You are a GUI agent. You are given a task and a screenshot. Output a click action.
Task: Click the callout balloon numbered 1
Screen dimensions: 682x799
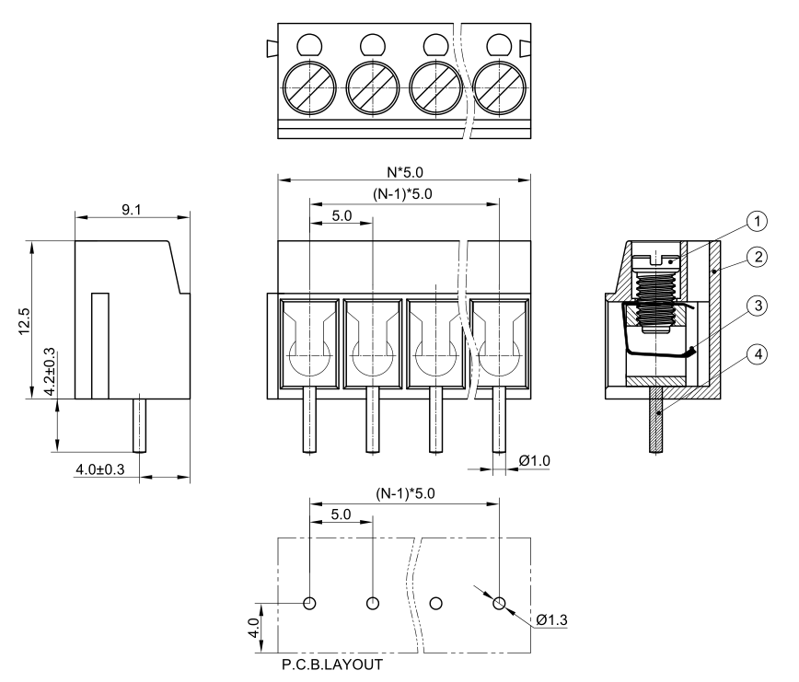(x=756, y=221)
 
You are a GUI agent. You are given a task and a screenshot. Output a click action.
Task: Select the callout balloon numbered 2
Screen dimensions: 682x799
(x=756, y=257)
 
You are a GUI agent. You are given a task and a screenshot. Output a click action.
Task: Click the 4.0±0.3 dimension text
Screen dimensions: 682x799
(x=100, y=470)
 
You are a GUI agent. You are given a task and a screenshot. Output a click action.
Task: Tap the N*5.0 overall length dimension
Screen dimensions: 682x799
(x=405, y=171)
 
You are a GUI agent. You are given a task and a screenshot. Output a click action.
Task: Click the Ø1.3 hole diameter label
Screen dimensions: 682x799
(x=550, y=618)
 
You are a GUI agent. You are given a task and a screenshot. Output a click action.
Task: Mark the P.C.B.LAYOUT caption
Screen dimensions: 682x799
(x=332, y=663)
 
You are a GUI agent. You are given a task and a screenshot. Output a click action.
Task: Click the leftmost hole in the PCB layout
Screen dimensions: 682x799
(x=310, y=603)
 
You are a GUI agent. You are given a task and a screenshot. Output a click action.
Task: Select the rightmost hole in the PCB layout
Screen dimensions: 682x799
(x=499, y=603)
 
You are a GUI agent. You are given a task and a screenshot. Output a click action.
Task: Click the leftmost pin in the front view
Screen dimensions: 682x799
(x=310, y=420)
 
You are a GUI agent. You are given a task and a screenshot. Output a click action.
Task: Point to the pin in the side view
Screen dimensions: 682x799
(x=140, y=424)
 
